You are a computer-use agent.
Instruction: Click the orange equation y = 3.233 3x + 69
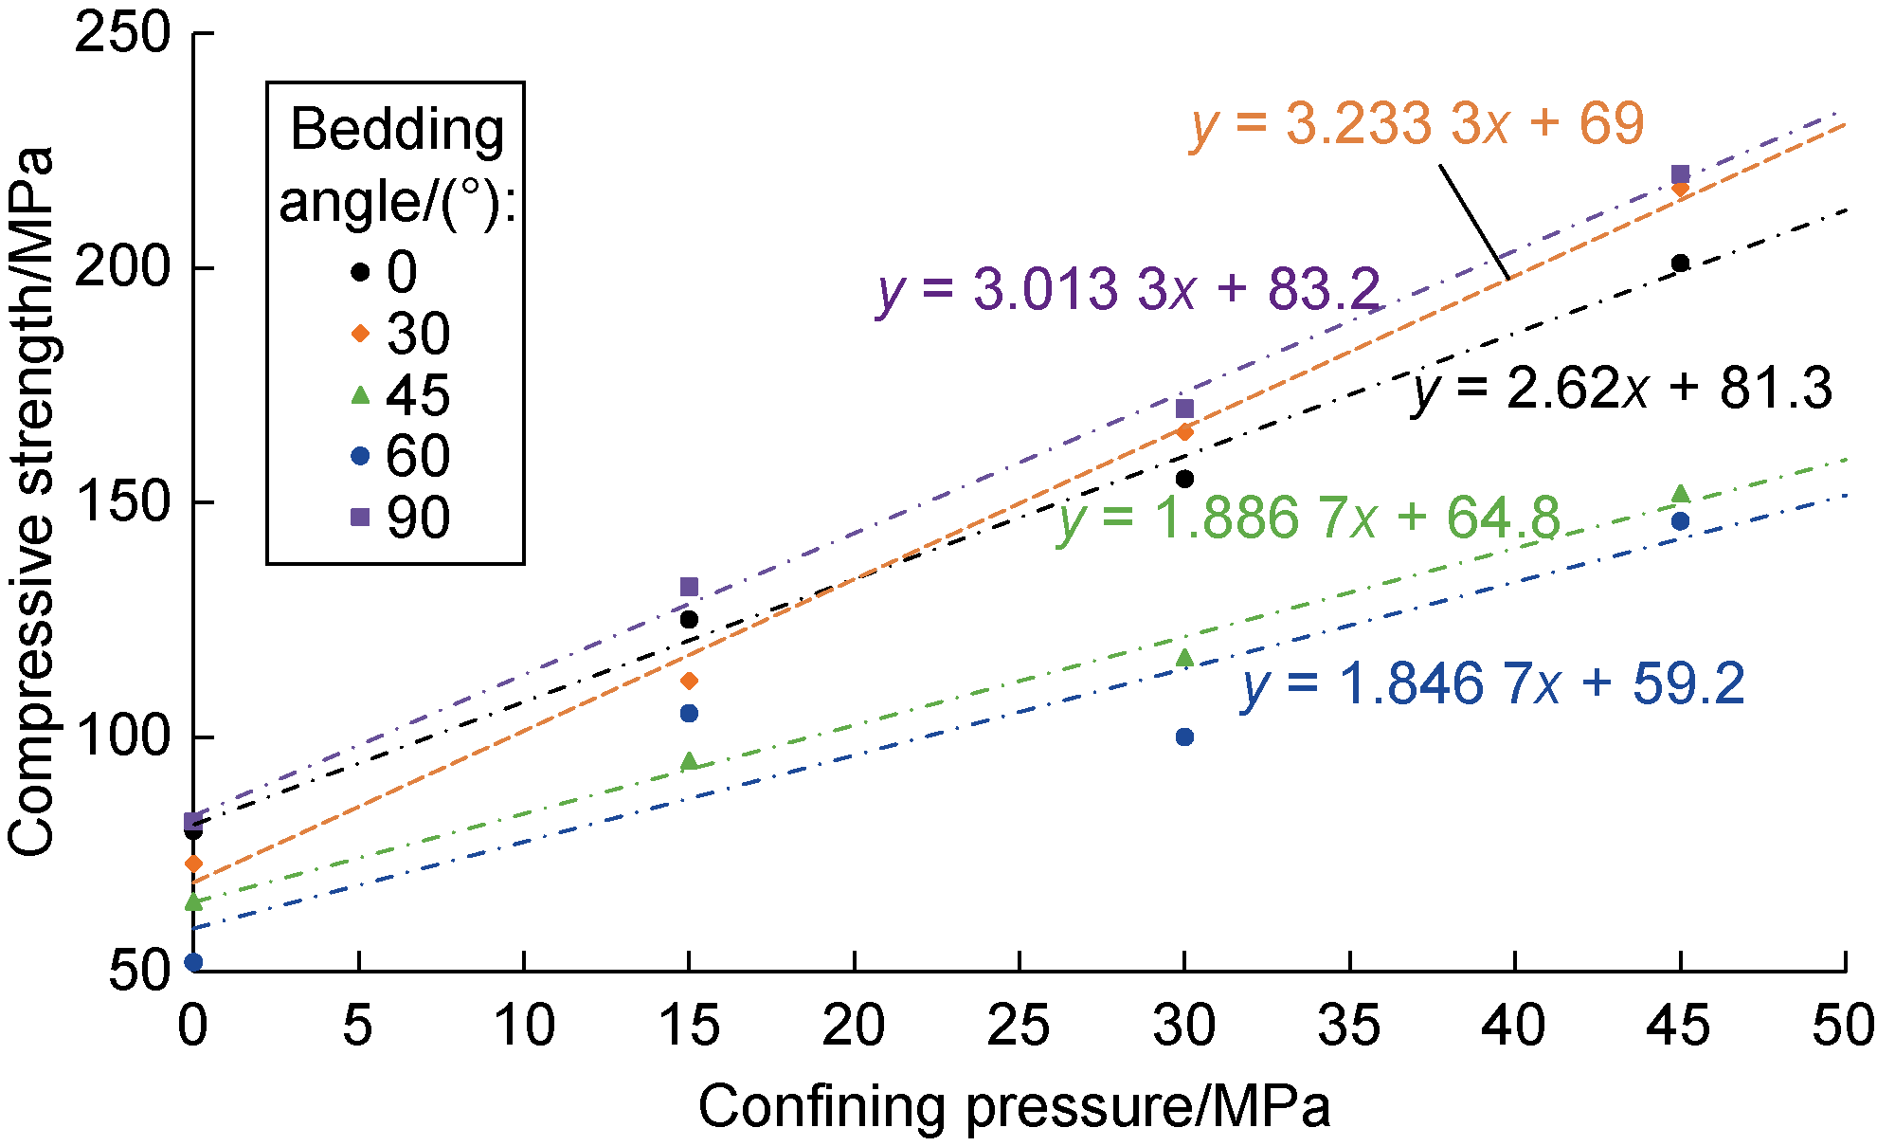(1417, 124)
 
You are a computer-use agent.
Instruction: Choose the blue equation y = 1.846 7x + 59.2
(1493, 684)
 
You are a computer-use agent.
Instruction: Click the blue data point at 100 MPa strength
(1184, 737)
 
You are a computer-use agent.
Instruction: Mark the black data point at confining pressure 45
(1680, 264)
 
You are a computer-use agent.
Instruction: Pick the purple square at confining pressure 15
(689, 587)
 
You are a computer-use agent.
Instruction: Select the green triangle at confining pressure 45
(1680, 494)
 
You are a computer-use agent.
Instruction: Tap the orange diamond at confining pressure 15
(689, 681)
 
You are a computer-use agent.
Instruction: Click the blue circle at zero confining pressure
(193, 962)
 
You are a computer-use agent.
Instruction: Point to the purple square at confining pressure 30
(1184, 409)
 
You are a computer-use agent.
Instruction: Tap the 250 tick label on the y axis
(123, 35)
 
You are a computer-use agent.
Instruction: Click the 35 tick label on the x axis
(1349, 1027)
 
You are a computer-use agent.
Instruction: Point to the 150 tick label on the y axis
(123, 502)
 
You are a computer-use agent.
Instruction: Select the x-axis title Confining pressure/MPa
(1014, 1106)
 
